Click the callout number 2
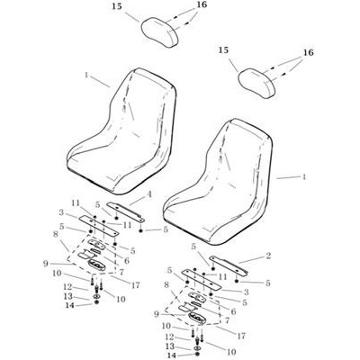point(268,256)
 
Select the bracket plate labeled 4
point(126,211)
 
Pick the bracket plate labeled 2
point(229,265)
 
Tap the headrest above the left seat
point(160,31)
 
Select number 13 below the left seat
point(68,297)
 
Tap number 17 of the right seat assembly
point(240,336)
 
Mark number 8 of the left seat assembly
point(56,234)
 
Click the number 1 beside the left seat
point(86,75)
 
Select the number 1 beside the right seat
point(304,177)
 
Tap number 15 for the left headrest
point(118,7)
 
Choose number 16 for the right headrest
point(308,53)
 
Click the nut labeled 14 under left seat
point(96,301)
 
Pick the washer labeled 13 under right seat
point(197,348)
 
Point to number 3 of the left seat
point(62,213)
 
